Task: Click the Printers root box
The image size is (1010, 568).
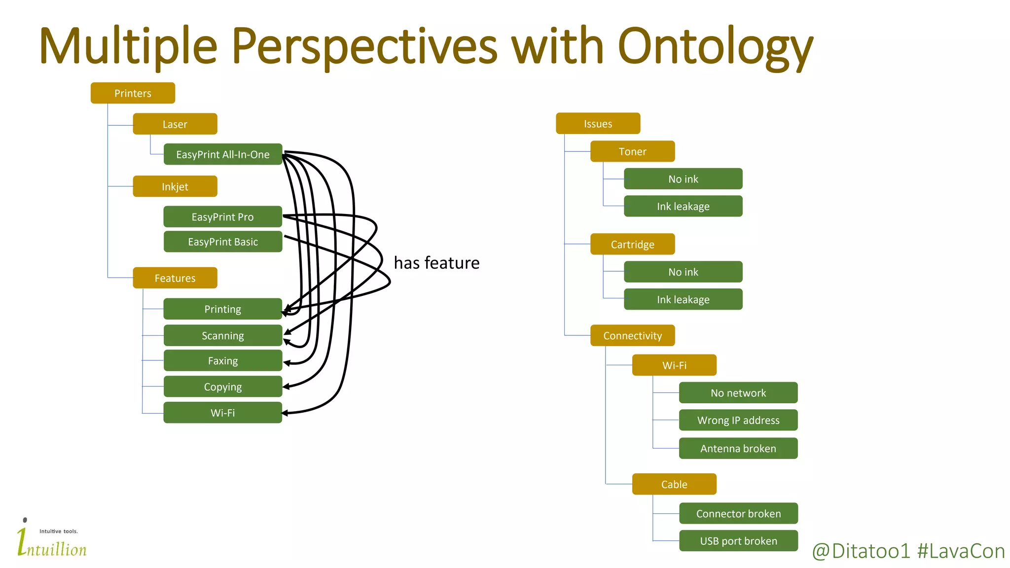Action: coord(133,93)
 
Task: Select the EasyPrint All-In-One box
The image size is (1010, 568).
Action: coord(222,154)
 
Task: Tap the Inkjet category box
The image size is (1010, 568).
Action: coord(175,186)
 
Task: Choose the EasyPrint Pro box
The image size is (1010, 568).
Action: coord(222,217)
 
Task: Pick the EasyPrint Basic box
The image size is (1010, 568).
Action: coord(222,242)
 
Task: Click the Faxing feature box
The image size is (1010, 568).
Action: coord(222,360)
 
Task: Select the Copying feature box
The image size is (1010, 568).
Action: coord(222,387)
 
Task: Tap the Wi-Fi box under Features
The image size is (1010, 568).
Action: coord(222,413)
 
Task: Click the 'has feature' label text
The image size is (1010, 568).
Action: coord(436,263)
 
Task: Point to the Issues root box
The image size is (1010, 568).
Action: coord(598,124)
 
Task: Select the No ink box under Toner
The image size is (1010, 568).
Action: coord(683,179)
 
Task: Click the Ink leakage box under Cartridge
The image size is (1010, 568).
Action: coord(683,299)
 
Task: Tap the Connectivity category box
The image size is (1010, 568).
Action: coord(632,336)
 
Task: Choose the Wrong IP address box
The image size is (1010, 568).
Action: coord(738,420)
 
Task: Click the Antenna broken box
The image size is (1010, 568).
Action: coord(738,448)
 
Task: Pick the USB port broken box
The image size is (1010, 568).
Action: coord(738,541)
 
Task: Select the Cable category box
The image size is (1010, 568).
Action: coord(674,484)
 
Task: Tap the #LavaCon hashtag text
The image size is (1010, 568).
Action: coord(961,551)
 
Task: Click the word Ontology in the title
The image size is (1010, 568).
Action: coord(715,47)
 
